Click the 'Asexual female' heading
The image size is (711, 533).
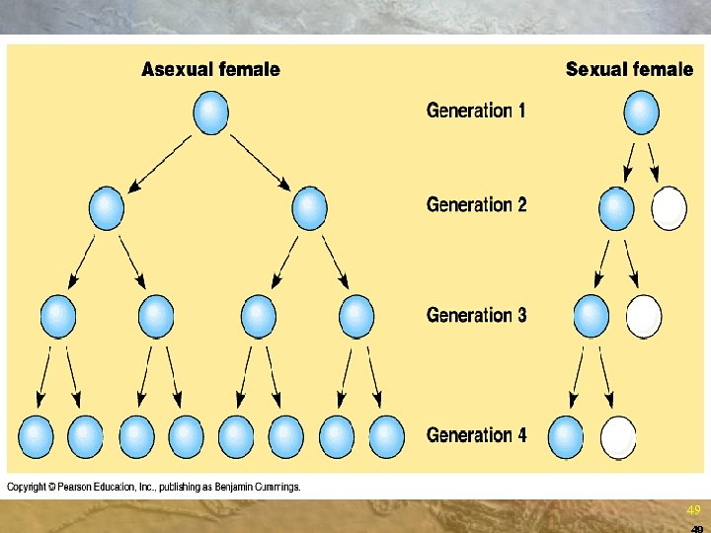click(x=210, y=69)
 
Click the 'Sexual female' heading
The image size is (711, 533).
click(x=629, y=69)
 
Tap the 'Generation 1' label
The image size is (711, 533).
click(x=476, y=111)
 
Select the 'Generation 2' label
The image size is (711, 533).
click(x=476, y=205)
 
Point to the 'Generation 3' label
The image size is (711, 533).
click(x=476, y=316)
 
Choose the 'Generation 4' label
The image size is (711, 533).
click(x=476, y=435)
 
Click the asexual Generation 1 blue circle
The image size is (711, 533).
click(x=210, y=113)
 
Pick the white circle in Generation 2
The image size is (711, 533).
click(x=669, y=208)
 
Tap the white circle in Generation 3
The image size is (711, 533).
click(x=644, y=315)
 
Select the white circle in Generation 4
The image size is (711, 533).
click(x=619, y=436)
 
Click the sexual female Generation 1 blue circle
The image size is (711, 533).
click(x=642, y=113)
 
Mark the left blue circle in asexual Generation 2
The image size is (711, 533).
click(x=107, y=208)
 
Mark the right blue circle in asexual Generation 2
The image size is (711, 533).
click(x=310, y=208)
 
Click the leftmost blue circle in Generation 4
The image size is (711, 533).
click(x=36, y=435)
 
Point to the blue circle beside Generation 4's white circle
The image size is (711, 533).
click(x=566, y=436)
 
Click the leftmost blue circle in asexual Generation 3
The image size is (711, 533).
click(x=57, y=316)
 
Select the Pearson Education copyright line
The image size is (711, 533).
click(x=154, y=487)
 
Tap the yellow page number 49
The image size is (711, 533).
click(x=693, y=510)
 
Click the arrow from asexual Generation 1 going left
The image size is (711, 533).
click(x=160, y=161)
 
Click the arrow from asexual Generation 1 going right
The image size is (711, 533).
click(x=259, y=161)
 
